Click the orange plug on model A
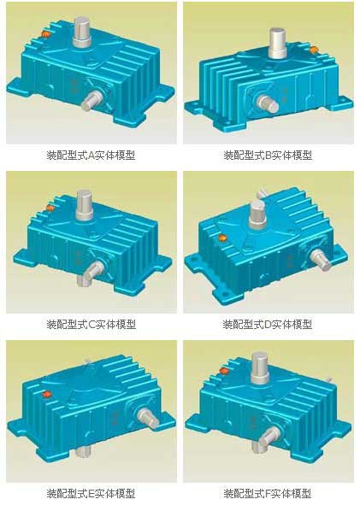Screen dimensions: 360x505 point(46,34)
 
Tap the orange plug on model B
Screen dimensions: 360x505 point(313,50)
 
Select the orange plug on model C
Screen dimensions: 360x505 point(50,208)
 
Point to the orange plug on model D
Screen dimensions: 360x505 point(222,238)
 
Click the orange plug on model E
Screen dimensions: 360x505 point(47,394)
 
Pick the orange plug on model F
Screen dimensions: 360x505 point(224,371)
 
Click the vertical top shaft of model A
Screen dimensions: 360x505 point(82,32)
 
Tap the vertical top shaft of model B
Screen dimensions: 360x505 point(278,44)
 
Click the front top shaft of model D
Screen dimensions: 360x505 point(258,214)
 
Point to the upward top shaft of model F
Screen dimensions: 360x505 point(261,367)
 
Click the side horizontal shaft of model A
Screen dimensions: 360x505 point(91,100)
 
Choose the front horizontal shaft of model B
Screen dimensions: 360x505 point(268,103)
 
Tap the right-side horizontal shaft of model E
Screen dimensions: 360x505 point(148,419)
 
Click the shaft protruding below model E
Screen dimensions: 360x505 point(85,451)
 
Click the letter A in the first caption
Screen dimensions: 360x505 point(91,156)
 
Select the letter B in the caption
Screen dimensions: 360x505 point(269,156)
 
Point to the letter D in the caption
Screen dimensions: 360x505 point(269,324)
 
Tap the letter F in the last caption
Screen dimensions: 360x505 point(269,493)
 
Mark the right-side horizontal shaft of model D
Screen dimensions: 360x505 point(321,261)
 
